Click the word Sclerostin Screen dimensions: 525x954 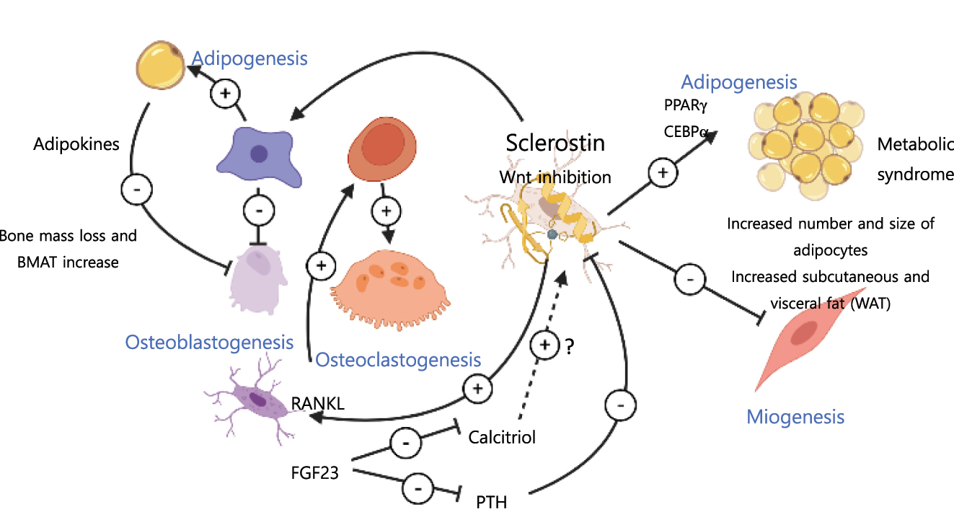click(x=555, y=142)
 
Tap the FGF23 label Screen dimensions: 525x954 click(x=315, y=474)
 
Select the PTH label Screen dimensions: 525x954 click(x=492, y=500)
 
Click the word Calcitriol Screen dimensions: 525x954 click(x=502, y=437)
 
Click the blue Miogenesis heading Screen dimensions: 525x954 click(x=795, y=417)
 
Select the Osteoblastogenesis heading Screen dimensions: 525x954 click(x=209, y=342)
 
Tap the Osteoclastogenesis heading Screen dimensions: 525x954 click(x=399, y=358)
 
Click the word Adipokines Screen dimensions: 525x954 click(x=76, y=144)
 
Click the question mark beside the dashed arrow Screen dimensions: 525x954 click(x=569, y=347)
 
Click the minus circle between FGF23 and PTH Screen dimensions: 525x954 click(x=418, y=489)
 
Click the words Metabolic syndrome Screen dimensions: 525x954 click(x=914, y=159)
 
